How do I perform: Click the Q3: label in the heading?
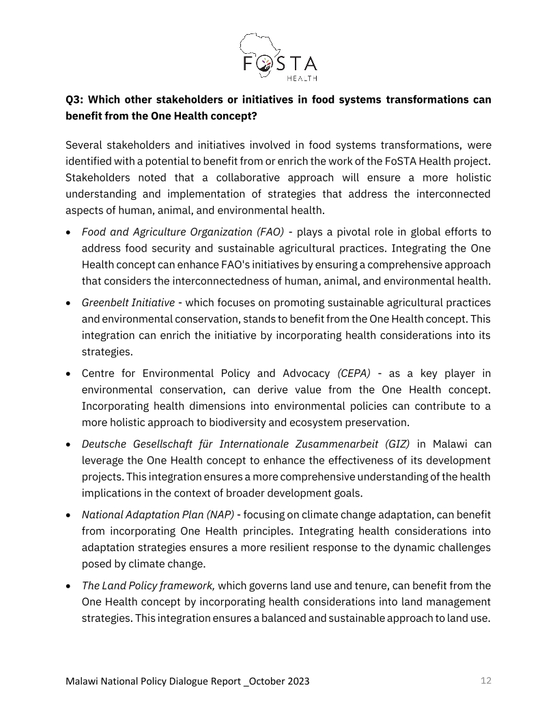coord(76,100)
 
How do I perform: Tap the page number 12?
coord(486,680)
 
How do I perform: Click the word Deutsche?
coord(104,445)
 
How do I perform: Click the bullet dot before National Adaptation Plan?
coord(70,515)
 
